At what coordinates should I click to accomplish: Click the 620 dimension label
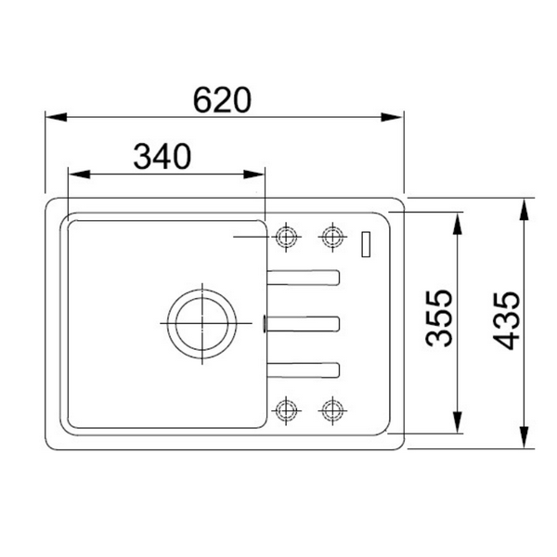point(223,100)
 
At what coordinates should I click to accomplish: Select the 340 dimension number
point(162,157)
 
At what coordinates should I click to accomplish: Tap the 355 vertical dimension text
point(439,317)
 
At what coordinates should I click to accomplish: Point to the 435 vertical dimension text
point(506,320)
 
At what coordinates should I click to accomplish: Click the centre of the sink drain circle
point(202,324)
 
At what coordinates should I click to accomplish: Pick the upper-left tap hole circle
point(286,237)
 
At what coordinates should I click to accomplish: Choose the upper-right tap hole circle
point(332,237)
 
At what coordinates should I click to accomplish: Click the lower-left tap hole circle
point(286,410)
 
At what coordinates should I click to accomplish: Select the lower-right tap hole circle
point(332,410)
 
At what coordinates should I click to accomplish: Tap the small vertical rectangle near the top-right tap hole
point(366,244)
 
